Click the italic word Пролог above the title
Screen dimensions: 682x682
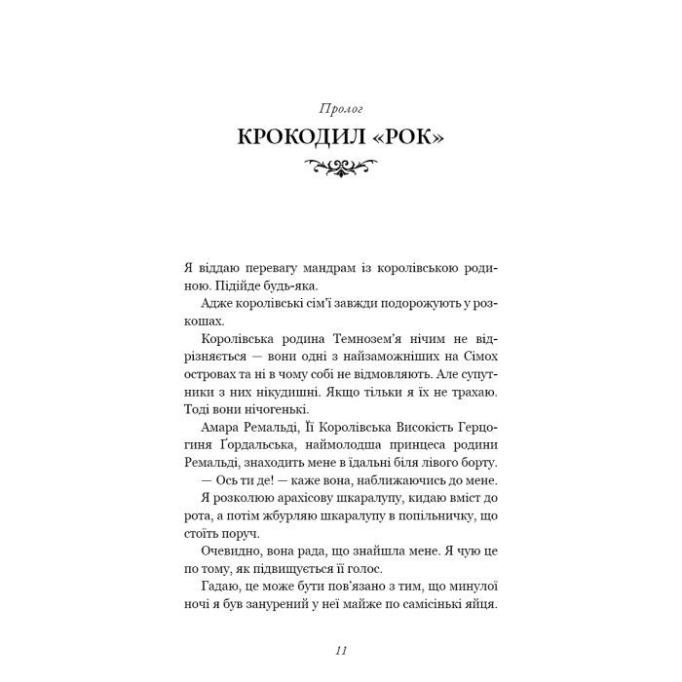point(340,104)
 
